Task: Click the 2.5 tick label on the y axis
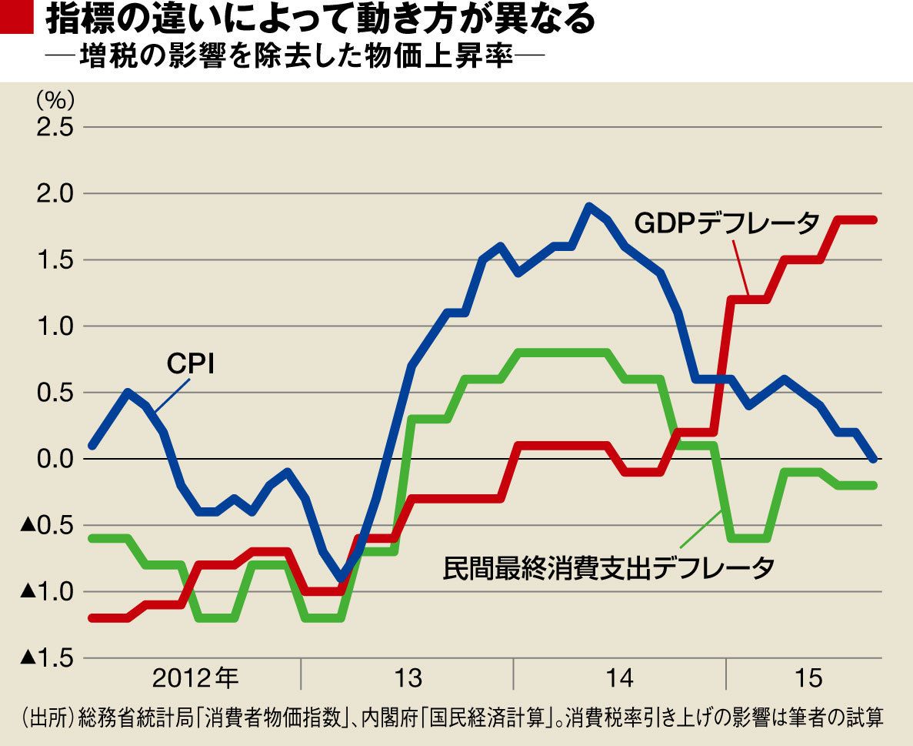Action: coord(55,126)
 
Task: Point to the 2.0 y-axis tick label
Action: coord(55,193)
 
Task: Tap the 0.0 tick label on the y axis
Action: coord(55,460)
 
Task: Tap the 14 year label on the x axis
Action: coord(619,679)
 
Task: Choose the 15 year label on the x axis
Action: coord(805,679)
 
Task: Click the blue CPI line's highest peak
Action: coord(589,206)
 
